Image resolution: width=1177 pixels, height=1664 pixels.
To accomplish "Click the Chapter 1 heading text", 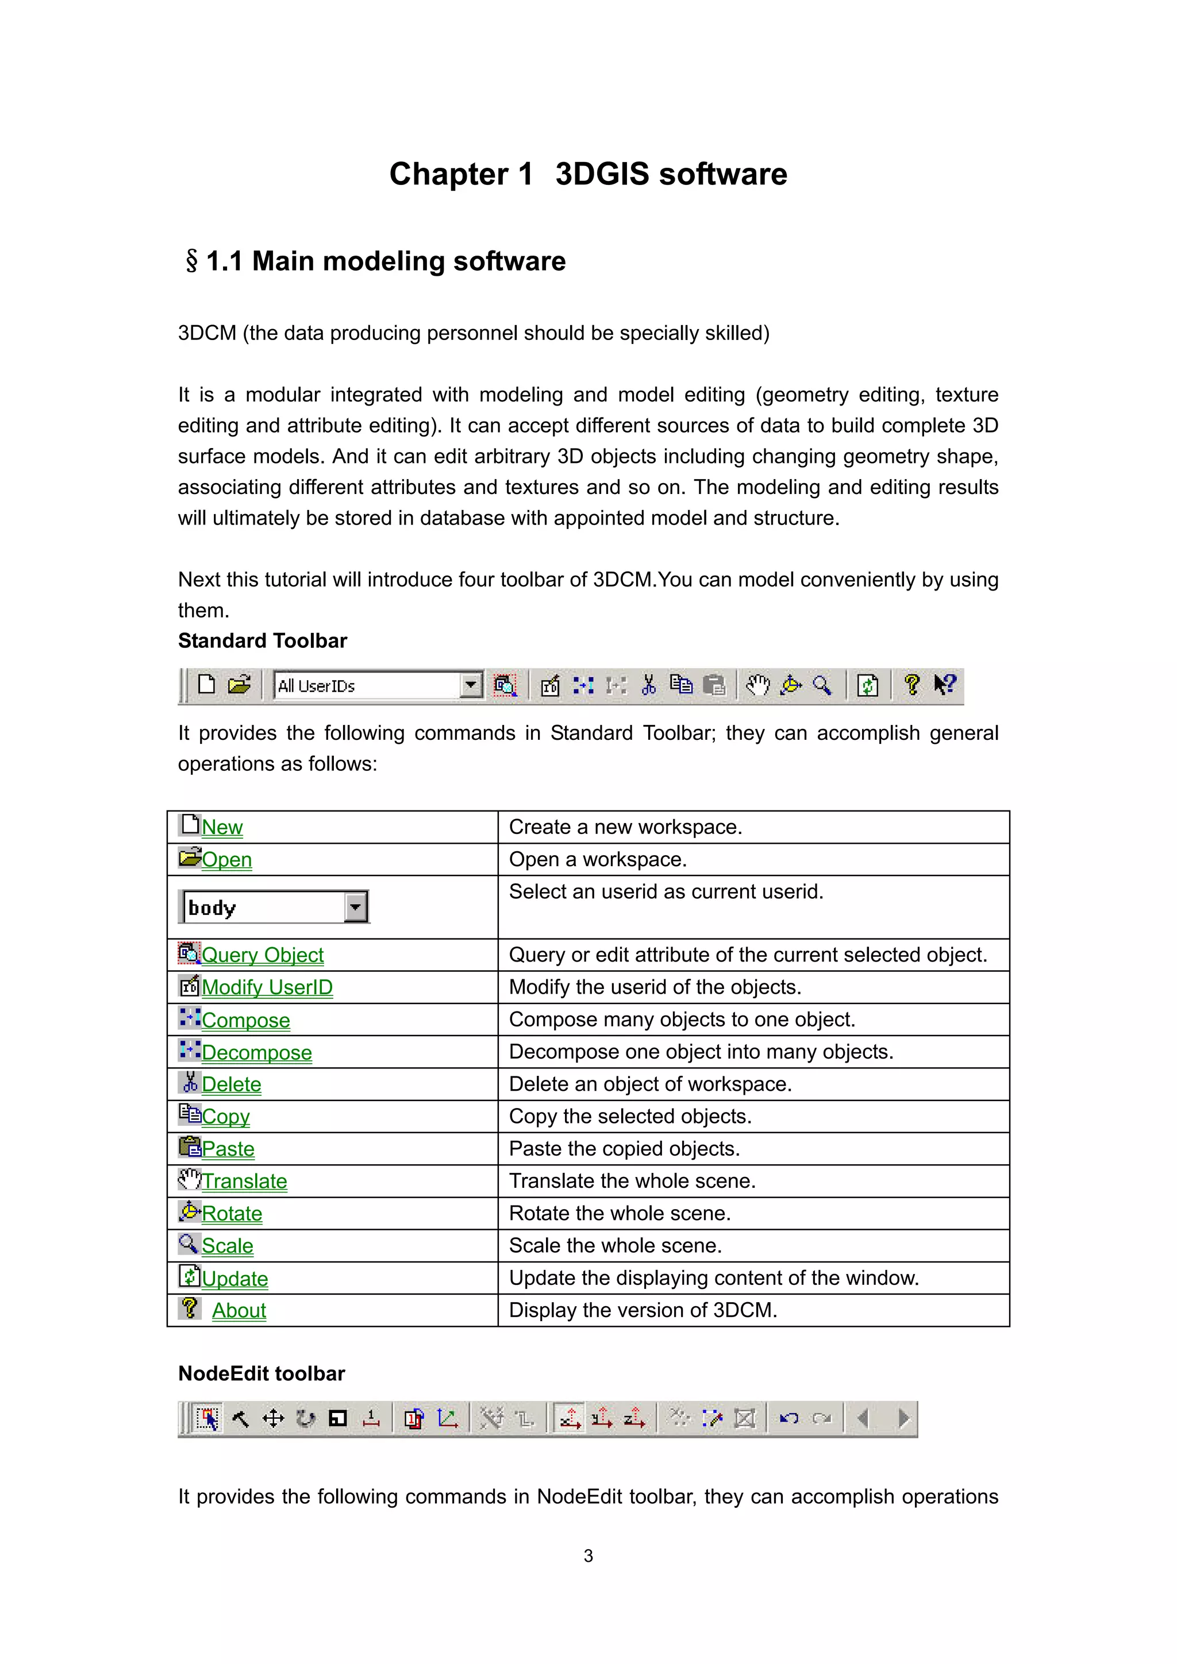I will coord(587,174).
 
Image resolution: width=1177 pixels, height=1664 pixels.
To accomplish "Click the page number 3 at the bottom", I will coord(588,1555).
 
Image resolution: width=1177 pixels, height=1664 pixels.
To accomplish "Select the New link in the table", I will coord(222,827).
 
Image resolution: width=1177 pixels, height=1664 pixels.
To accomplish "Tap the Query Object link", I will coord(263,955).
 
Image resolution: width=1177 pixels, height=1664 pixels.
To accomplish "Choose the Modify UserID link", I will coord(267,987).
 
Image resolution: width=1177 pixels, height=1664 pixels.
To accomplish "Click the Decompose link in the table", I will coord(257,1052).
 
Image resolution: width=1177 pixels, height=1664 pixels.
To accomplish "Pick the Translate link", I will coord(244,1182).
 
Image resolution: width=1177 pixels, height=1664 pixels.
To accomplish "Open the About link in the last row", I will coord(239,1310).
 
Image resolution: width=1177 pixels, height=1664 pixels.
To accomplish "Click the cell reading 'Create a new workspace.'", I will coord(625,827).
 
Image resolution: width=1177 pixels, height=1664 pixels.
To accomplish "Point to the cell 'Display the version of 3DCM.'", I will coord(643,1310).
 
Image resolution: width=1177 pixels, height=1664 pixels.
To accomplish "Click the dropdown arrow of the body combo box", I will coord(355,906).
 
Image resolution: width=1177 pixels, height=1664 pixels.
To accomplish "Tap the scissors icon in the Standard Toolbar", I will coord(648,685).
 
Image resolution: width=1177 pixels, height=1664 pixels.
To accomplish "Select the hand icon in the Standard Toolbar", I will coord(757,685).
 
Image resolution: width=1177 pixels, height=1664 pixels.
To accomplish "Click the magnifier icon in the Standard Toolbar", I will coord(822,685).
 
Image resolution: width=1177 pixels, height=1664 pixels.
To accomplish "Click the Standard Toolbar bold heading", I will coord(263,640).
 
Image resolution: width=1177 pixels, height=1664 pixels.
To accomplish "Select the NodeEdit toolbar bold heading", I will coord(261,1373).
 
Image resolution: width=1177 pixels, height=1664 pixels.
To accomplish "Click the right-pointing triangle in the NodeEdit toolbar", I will coord(903,1418).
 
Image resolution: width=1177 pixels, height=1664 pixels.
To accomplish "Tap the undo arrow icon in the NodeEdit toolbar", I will coord(788,1418).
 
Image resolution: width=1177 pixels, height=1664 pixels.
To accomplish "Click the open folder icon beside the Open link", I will coord(189,858).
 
